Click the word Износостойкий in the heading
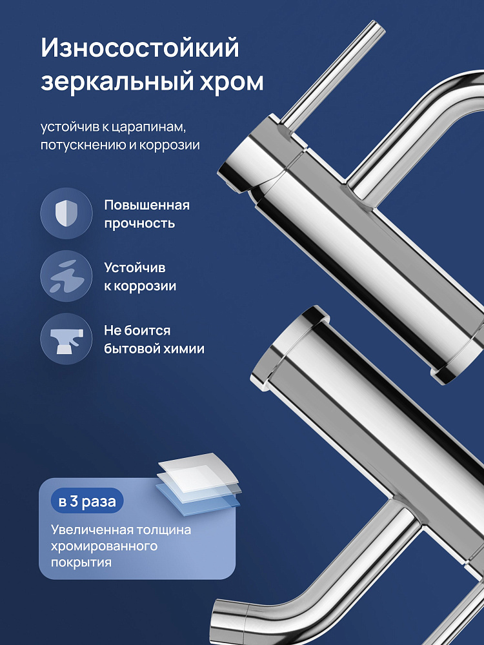[x=140, y=48]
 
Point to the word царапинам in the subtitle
[x=150, y=127]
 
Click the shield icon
[x=66, y=213]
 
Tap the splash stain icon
[x=66, y=277]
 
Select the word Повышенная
[x=147, y=205]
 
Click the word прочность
[x=139, y=223]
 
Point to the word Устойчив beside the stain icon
[x=135, y=268]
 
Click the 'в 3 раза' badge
[x=87, y=501]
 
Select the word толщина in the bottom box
[x=165, y=530]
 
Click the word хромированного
[x=104, y=546]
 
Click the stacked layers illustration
[x=199, y=484]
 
